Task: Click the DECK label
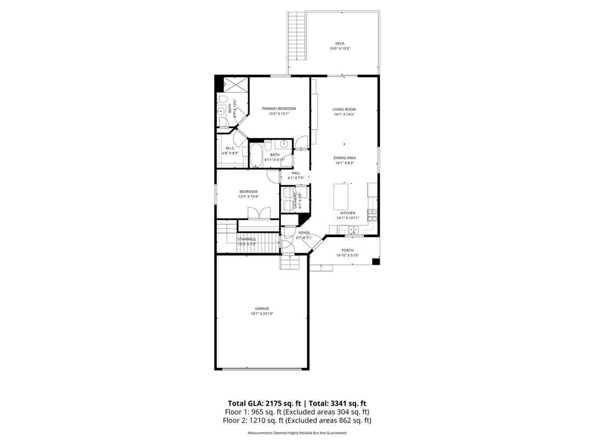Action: click(339, 43)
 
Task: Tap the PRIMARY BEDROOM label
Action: click(278, 109)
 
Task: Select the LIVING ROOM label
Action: click(344, 109)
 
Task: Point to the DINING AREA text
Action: click(345, 158)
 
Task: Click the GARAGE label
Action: click(262, 308)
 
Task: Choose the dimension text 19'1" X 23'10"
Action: click(262, 313)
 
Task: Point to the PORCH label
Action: click(347, 250)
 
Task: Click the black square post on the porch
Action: click(376, 261)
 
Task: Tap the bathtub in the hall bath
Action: click(256, 155)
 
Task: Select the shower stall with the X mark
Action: click(234, 85)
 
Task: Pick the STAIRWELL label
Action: click(247, 239)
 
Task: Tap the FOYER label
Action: click(304, 233)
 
